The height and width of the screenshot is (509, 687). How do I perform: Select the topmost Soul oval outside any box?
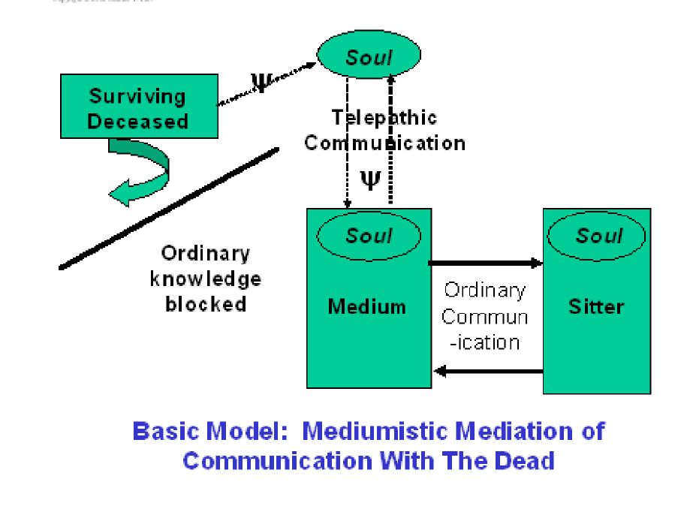click(369, 56)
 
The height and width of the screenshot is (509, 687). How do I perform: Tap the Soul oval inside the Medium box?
click(369, 236)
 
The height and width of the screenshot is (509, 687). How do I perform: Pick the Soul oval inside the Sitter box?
click(598, 236)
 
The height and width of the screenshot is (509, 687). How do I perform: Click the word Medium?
click(367, 306)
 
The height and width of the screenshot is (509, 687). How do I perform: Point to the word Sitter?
click(597, 306)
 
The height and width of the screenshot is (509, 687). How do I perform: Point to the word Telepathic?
click(384, 118)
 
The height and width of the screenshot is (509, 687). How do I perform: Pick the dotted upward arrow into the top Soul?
click(390, 135)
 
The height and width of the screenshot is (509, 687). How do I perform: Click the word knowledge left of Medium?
click(205, 279)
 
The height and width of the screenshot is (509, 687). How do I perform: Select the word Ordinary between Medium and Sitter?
click(485, 290)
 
